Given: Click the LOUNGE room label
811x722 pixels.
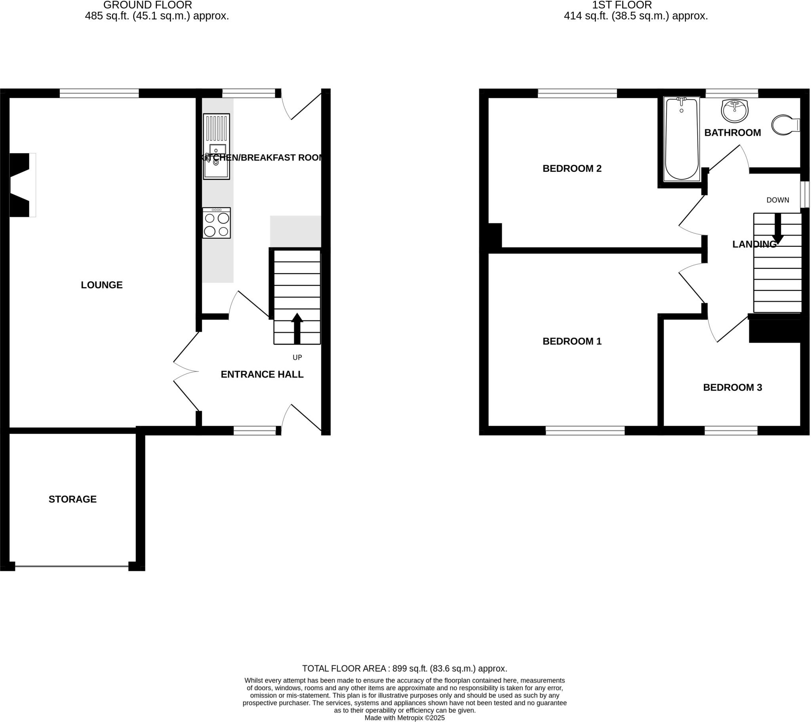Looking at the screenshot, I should tap(102, 285).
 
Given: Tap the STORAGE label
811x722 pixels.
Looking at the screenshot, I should tap(72, 499).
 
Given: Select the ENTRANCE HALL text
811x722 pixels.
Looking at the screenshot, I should tap(262, 374).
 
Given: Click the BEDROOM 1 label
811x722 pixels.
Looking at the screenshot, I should tap(572, 341).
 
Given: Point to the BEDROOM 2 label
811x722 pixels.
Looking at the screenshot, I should tap(572, 169).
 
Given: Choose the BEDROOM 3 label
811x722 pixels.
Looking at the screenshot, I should tap(733, 387).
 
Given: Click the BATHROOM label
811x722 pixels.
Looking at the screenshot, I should tap(733, 133).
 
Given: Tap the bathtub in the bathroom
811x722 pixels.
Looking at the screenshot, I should tap(681, 139).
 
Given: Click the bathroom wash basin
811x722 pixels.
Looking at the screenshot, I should tap(735, 111).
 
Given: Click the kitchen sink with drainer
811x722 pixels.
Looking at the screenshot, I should tap(217, 147).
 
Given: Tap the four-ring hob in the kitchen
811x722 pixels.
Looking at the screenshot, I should tap(217, 223).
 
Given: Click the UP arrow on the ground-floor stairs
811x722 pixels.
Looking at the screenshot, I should tap(297, 328).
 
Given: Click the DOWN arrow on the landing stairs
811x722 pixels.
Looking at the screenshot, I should tap(778, 229).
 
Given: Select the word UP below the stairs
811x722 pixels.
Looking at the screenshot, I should tap(297, 358).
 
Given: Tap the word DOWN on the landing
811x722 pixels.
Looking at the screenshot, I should tap(778, 200).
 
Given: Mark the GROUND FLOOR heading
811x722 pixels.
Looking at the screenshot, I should tap(148, 5).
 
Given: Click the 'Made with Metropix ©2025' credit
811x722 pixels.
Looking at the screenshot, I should tap(405, 718).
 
